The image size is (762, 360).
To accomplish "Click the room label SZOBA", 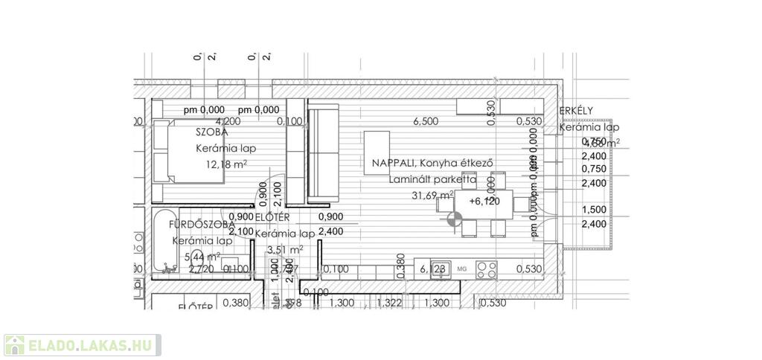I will click(212, 132).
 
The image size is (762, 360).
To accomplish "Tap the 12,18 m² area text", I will click(222, 164).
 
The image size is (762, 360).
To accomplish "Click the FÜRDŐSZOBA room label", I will click(202, 224).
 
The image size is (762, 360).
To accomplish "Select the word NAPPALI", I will click(388, 164).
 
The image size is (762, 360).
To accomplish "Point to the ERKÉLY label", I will click(576, 111).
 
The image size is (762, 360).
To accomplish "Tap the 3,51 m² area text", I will click(285, 250).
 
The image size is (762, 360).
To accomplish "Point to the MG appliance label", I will click(461, 269).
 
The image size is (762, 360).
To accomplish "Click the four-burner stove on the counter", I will click(487, 268).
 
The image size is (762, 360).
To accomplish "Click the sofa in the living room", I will click(323, 153).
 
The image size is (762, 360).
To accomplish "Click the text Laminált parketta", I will click(432, 179).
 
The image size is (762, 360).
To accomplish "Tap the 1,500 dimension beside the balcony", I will click(594, 210).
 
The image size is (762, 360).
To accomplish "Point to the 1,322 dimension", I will click(389, 303).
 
